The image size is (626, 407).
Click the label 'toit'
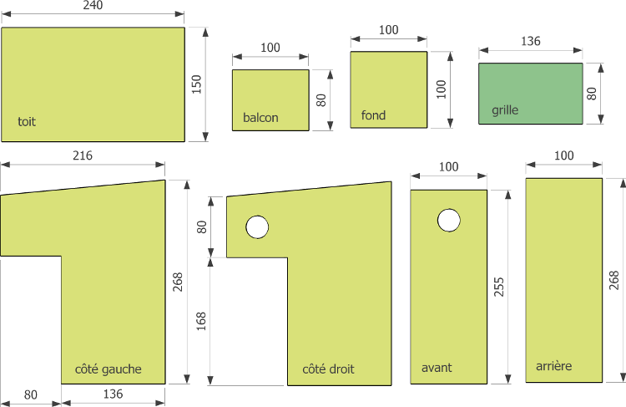(x=27, y=121)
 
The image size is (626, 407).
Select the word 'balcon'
(x=260, y=118)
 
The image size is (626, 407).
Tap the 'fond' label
(x=373, y=115)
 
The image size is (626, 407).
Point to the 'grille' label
(x=505, y=110)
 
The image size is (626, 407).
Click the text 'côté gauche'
(x=109, y=369)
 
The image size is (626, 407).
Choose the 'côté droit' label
(x=328, y=369)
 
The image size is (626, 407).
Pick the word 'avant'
(x=437, y=368)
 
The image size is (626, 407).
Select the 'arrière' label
(x=553, y=366)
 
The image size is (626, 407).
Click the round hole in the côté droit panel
(x=257, y=227)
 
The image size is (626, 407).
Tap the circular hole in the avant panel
(x=449, y=220)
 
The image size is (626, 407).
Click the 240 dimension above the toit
(x=93, y=5)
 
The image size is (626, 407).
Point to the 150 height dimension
(x=196, y=84)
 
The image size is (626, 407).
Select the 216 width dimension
(x=83, y=155)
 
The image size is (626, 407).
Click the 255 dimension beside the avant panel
(x=499, y=287)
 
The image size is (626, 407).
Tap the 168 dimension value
(x=201, y=321)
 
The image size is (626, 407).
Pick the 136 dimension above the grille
(x=531, y=41)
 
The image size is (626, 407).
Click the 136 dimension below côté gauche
(x=113, y=394)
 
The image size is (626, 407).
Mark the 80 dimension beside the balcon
(x=321, y=100)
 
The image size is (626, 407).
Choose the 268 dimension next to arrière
(x=614, y=280)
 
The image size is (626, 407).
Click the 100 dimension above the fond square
(x=388, y=29)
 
